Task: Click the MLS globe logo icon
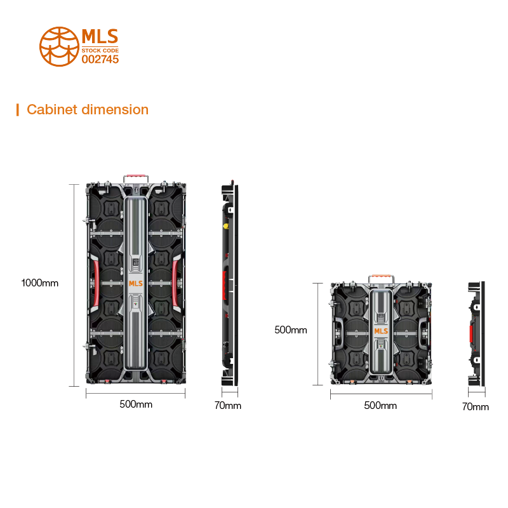click(59, 45)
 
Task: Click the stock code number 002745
click(100, 59)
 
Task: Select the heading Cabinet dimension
click(88, 110)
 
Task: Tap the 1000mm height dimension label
click(39, 283)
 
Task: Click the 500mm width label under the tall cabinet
click(136, 404)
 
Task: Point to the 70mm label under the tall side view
click(228, 406)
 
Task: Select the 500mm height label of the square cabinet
click(290, 330)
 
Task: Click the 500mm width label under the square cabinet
click(380, 406)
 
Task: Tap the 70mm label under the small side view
click(475, 406)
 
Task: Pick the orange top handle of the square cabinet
click(380, 277)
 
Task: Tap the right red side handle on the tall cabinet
click(175, 283)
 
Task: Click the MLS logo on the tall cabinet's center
click(136, 284)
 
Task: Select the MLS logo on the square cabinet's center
click(380, 331)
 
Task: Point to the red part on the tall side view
click(225, 286)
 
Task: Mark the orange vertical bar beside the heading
click(17, 110)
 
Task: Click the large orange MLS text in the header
click(100, 36)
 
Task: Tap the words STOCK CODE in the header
click(100, 50)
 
